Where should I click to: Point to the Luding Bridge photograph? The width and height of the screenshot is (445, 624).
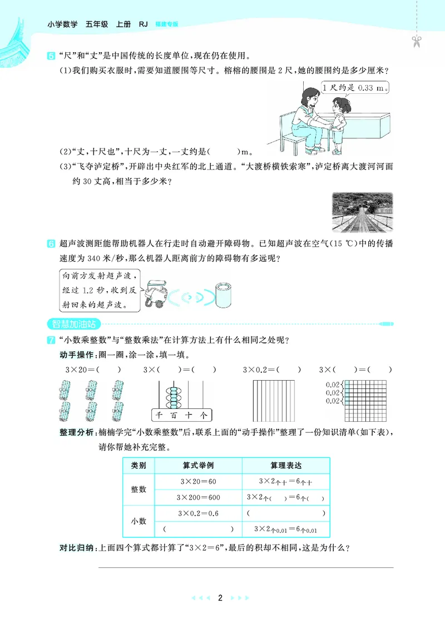362,212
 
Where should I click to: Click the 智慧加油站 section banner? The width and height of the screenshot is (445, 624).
72,322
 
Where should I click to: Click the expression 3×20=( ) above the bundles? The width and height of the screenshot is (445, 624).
89,370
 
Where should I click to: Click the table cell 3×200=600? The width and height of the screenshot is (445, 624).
199,497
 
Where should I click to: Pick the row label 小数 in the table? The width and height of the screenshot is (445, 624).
139,521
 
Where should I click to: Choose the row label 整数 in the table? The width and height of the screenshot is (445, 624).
139,489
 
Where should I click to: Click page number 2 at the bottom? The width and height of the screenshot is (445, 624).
220,598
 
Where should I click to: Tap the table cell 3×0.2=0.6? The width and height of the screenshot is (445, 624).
199,513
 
